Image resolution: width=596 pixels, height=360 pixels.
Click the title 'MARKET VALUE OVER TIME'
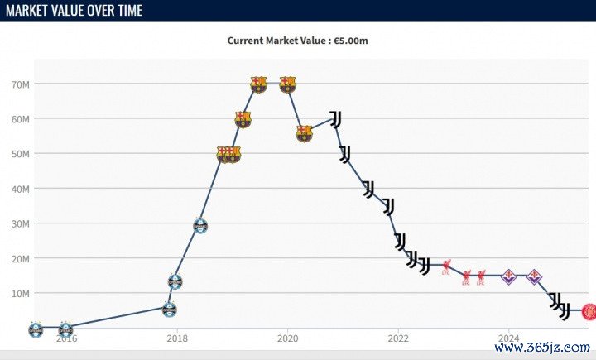click(74, 10)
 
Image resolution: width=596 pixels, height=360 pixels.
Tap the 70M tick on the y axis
click(22, 84)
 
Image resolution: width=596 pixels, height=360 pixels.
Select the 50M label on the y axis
click(22, 154)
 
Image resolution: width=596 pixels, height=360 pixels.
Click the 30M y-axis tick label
click(22, 223)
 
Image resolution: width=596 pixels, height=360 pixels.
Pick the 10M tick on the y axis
click(22, 293)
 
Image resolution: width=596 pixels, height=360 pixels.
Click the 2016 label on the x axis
click(66, 338)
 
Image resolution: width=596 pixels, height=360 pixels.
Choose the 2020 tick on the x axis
click(287, 338)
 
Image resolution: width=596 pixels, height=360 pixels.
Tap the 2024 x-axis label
click(509, 338)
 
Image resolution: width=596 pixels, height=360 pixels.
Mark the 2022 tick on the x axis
click(398, 338)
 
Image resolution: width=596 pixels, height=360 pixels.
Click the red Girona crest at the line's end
click(589, 311)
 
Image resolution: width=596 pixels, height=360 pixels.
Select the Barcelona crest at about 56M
click(305, 133)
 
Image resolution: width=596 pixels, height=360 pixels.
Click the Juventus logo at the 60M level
click(335, 119)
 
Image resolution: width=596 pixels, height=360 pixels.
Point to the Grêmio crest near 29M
click(199, 225)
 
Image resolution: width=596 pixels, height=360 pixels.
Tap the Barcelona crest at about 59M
click(243, 119)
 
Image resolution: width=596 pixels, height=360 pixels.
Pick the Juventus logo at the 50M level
click(345, 154)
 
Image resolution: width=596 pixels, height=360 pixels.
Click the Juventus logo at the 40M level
click(368, 189)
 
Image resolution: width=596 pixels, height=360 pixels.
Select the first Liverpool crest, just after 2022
click(446, 266)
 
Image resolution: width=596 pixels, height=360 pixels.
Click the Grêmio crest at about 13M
click(175, 281)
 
